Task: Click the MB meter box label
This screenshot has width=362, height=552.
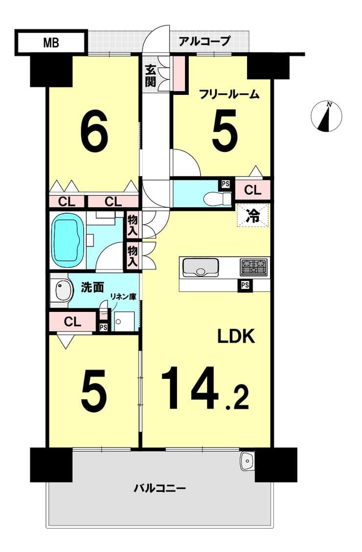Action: (51, 43)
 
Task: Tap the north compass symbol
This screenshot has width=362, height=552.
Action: (326, 116)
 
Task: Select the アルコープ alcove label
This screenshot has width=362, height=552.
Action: (204, 41)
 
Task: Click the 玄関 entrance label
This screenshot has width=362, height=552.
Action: (150, 76)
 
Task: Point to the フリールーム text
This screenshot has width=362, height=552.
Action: (229, 94)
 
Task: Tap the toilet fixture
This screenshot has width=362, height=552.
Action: (218, 198)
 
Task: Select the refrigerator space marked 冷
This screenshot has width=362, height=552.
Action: (253, 216)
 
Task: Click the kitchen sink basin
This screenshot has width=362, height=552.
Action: (200, 267)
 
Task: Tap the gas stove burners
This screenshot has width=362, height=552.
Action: (254, 267)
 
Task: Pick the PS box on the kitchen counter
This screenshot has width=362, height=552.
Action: (245, 285)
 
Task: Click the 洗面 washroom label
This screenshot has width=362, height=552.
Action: (92, 287)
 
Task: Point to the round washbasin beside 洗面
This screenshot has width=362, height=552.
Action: (61, 291)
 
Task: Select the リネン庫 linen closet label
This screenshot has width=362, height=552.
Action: (123, 296)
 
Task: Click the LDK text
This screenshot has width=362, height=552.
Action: (236, 336)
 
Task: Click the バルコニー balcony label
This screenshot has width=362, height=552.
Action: (159, 488)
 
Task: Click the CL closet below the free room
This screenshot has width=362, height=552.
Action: (253, 190)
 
